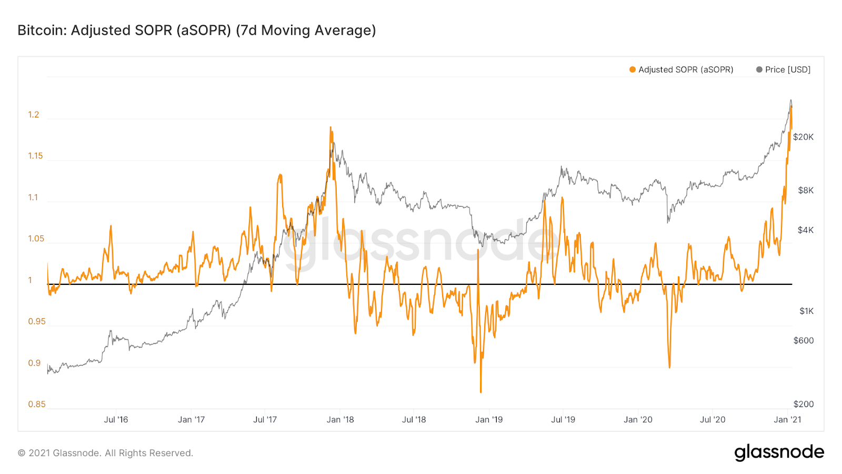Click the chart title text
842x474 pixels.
click(197, 30)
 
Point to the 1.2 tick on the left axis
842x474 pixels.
click(34, 115)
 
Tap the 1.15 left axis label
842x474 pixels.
click(35, 156)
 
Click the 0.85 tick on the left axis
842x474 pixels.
click(37, 404)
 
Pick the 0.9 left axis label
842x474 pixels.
click(34, 363)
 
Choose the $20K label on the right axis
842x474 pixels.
click(803, 137)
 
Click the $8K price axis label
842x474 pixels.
click(806, 190)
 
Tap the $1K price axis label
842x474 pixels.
click(806, 311)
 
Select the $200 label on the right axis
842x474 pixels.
click(804, 404)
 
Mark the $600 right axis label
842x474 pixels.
click(804, 340)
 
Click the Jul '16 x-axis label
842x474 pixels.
click(116, 420)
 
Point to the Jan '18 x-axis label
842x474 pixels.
click(340, 420)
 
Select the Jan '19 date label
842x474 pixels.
click(489, 420)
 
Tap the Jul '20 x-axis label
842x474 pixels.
click(713, 420)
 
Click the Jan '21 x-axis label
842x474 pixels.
click(787, 420)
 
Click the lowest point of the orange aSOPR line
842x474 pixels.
click(480, 392)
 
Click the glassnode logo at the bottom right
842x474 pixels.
click(779, 452)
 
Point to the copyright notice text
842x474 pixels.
click(105, 453)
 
